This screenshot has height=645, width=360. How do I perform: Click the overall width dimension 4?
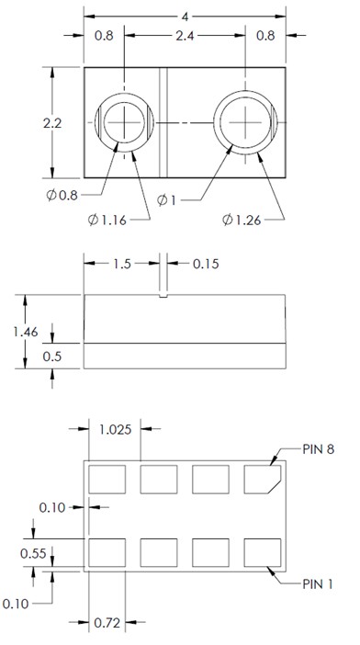[186, 17]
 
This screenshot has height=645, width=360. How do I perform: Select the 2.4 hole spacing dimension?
[185, 36]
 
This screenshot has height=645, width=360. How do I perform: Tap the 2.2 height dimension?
[52, 123]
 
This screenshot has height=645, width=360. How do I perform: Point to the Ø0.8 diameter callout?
[62, 195]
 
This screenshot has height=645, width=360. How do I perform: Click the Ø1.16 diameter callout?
[107, 221]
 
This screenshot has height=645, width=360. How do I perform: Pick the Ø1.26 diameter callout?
[242, 221]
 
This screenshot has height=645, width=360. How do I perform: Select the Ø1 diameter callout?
[166, 200]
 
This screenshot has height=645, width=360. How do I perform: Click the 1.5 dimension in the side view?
[122, 264]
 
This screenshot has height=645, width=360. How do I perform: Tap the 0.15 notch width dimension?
[206, 264]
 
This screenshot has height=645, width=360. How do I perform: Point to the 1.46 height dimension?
[26, 332]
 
